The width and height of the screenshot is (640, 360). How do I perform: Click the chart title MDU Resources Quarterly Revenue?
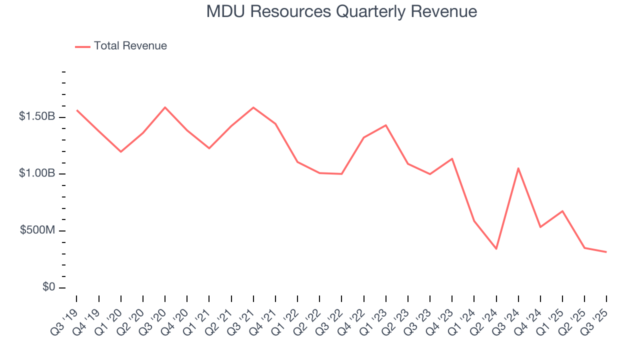(341, 11)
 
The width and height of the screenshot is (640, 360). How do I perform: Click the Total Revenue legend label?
(130, 46)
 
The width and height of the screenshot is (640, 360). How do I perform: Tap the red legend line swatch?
(82, 46)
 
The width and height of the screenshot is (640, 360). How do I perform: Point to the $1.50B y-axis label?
(37, 116)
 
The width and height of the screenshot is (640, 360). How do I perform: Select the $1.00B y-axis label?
(37, 173)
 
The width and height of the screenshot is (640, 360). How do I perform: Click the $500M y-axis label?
(38, 230)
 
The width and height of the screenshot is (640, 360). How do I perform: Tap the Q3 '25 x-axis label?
(595, 318)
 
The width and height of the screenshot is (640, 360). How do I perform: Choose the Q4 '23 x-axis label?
(440, 318)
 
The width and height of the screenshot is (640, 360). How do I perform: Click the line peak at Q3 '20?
(165, 107)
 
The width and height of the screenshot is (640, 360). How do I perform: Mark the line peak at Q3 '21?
(253, 107)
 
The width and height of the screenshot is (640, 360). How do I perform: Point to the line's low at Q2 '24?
(496, 249)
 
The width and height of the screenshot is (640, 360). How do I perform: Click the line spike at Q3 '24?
(518, 168)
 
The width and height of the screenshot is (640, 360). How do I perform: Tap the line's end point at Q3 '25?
(606, 252)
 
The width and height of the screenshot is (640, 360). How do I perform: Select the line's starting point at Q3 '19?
(77, 110)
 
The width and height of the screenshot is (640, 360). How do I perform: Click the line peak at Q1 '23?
(386, 125)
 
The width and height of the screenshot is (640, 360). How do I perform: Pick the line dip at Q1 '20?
(121, 151)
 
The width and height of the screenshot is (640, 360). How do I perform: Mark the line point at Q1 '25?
(562, 211)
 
